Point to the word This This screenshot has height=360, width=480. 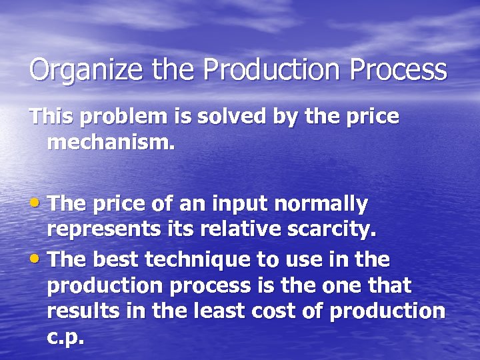tap(51, 117)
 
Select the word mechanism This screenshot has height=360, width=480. tap(110, 142)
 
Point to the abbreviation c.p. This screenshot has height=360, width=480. tap(66, 337)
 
